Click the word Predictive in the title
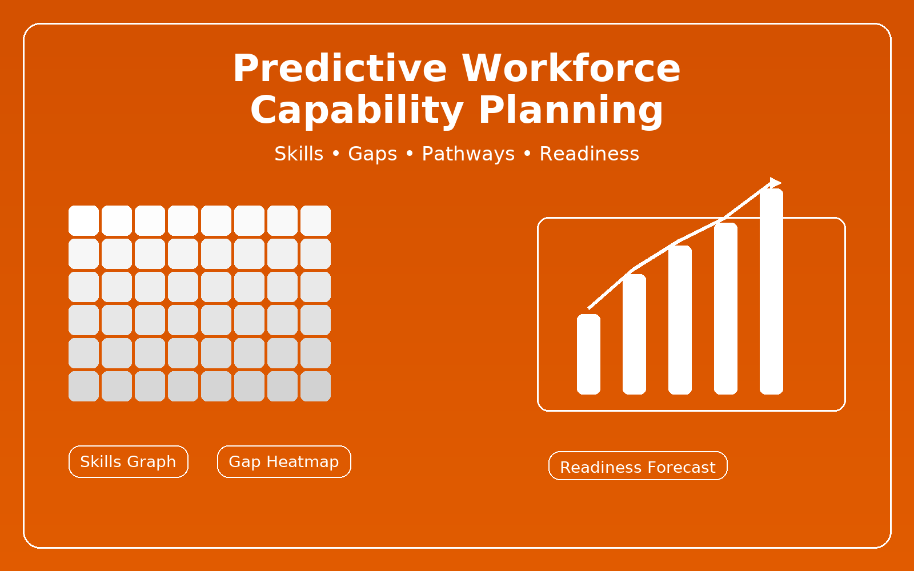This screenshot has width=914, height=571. (x=340, y=68)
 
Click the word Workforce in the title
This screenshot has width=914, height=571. (x=571, y=68)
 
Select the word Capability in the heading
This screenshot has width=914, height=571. (x=357, y=111)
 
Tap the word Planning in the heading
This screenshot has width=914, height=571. (x=571, y=111)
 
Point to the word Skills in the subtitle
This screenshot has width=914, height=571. (x=299, y=154)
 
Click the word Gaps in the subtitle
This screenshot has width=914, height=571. (x=372, y=154)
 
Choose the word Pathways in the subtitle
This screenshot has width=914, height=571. (x=468, y=154)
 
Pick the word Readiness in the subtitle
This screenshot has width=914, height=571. (x=589, y=154)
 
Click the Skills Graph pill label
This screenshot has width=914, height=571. (x=128, y=462)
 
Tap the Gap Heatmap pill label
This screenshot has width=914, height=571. (x=284, y=462)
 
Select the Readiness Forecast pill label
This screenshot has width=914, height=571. (x=638, y=466)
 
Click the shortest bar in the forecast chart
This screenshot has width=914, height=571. (x=588, y=354)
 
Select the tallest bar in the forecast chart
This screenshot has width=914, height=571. (x=771, y=291)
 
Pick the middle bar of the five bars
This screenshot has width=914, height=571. (x=680, y=320)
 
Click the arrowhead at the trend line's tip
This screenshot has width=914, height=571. (x=775, y=183)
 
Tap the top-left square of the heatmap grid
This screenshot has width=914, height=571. (x=83, y=220)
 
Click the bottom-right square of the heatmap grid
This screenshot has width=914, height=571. (x=315, y=386)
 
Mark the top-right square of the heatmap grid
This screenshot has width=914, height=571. (x=315, y=220)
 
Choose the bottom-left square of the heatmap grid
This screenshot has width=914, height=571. (x=83, y=386)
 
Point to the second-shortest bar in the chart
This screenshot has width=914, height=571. (x=634, y=334)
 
